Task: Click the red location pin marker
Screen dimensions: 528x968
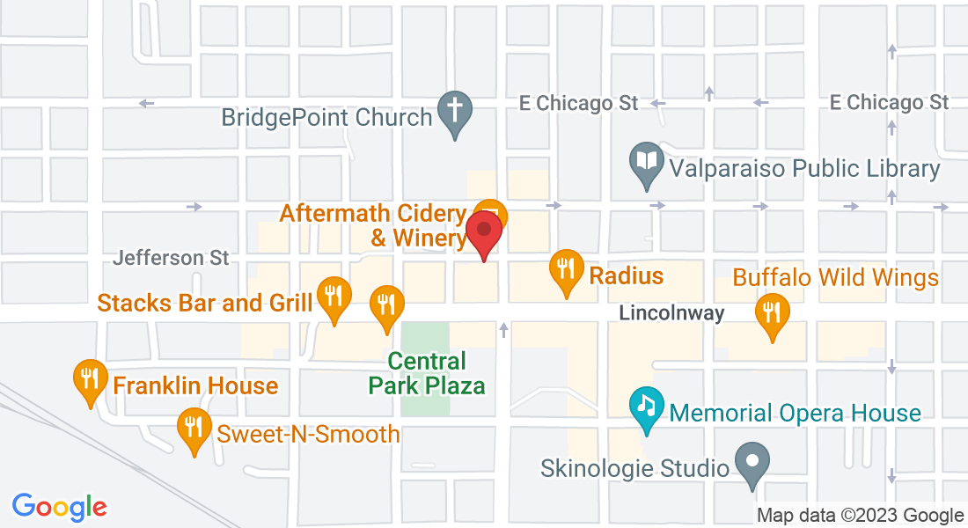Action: coord(483,230)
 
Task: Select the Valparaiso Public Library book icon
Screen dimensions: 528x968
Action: coord(647,163)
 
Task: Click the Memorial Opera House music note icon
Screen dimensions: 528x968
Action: coord(647,407)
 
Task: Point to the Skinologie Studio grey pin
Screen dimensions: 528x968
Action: coord(752,462)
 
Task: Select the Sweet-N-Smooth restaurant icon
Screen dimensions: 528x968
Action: coord(193,429)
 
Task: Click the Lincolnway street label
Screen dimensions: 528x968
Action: coord(671,313)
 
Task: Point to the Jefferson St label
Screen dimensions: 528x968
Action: coord(171,258)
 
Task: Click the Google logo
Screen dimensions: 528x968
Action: coord(59,507)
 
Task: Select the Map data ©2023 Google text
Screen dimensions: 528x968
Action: coord(861,516)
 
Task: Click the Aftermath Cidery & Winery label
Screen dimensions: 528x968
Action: coord(373,225)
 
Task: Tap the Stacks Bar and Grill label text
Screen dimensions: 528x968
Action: coord(205,304)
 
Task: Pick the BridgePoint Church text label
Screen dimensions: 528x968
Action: coord(326,117)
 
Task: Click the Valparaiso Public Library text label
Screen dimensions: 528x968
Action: coord(804,168)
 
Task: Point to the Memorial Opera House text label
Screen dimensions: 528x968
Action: coord(795,413)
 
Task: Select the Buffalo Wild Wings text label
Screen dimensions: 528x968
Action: coord(836,278)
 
